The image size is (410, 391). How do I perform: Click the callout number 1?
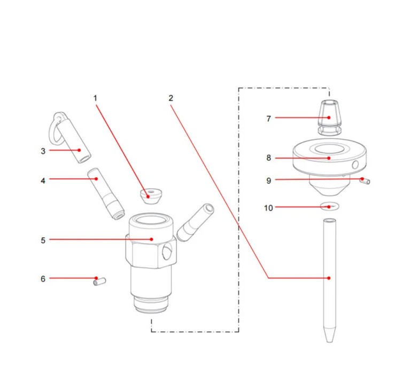[96, 98]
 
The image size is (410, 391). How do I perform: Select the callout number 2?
[171, 98]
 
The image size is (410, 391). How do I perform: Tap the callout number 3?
[43, 151]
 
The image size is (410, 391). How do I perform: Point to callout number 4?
[43, 181]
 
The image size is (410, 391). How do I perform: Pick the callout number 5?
[43, 240]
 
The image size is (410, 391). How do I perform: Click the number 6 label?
[43, 279]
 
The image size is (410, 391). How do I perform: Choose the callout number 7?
[268, 119]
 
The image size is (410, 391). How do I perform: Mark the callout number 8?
[268, 158]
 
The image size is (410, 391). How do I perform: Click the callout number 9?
[268, 181]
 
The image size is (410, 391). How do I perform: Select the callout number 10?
[268, 208]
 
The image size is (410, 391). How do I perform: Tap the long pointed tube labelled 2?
[329, 278]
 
